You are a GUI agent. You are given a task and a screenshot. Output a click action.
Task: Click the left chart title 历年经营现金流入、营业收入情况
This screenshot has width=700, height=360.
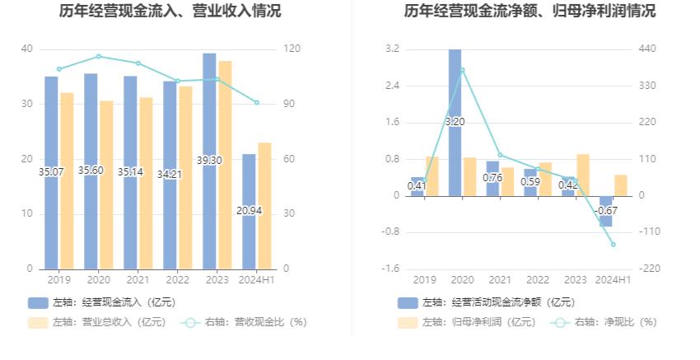click(170, 12)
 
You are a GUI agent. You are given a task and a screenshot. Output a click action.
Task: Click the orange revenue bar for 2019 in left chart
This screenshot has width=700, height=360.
click(67, 181)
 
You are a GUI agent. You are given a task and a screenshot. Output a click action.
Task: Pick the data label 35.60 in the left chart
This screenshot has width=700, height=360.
click(91, 171)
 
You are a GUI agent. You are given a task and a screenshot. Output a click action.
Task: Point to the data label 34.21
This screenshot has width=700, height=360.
click(170, 175)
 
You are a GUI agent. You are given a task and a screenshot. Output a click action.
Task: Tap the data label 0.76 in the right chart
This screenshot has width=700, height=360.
click(492, 178)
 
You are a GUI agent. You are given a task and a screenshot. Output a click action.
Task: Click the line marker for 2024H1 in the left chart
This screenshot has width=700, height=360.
click(256, 102)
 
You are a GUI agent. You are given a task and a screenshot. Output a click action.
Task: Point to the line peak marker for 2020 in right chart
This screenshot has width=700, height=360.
click(462, 70)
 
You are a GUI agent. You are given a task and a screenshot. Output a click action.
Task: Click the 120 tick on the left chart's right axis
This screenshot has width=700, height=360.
click(291, 49)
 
